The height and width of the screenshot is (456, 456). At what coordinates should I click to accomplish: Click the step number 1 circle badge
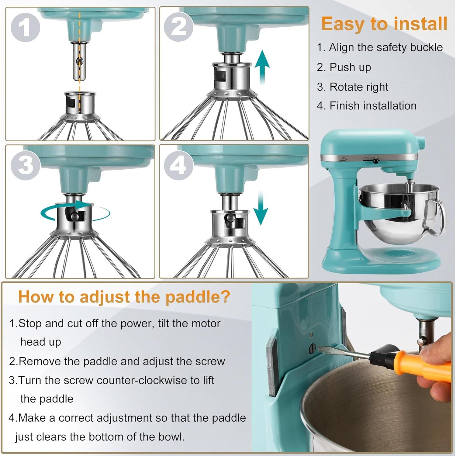(25, 27)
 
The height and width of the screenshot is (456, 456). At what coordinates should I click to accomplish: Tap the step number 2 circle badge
(178, 27)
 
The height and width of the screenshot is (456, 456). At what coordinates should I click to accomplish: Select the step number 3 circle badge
(25, 165)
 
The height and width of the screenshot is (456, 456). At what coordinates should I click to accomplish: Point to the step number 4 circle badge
(178, 165)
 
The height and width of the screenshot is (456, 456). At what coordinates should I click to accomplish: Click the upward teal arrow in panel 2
(262, 68)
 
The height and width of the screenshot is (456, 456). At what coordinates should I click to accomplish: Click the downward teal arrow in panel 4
(261, 208)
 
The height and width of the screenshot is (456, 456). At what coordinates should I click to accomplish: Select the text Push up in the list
(350, 67)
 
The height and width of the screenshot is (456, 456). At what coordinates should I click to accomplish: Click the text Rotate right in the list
(359, 87)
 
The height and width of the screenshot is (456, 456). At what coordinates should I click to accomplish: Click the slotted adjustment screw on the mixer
(313, 349)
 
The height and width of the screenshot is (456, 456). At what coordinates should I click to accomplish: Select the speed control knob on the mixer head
(376, 161)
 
